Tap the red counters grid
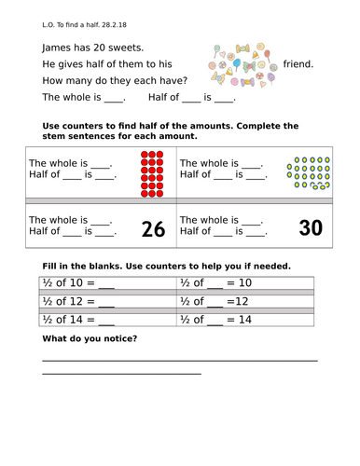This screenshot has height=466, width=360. click(152, 173)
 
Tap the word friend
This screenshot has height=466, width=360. click(298, 64)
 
